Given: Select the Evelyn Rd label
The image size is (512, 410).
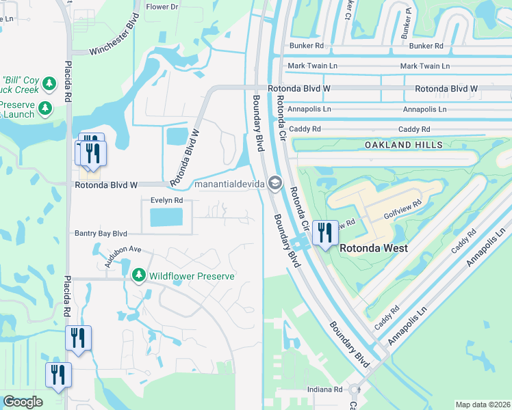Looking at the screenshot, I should coord(166,200).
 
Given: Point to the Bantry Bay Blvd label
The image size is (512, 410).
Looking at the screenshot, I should coord(101,233).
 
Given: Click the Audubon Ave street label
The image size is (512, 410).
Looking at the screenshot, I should coord(123,254).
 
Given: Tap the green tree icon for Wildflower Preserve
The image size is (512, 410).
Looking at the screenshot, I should coord(138,275).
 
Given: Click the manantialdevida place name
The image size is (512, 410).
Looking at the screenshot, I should coord(230,184).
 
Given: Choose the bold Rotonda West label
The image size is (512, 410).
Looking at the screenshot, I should coord(374,248).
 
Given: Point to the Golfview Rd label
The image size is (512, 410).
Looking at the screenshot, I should coord(400,214).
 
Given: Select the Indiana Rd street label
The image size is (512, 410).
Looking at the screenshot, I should coord(324,389).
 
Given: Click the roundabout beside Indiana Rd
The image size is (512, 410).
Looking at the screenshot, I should coord(355,389).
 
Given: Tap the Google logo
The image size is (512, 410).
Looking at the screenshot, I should coord(23,402).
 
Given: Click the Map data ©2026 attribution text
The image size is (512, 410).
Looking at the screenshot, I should coord(482,405).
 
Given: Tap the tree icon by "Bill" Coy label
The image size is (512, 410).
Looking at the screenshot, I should coord(49,84).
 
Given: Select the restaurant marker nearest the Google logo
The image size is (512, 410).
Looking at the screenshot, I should coord(57,374).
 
